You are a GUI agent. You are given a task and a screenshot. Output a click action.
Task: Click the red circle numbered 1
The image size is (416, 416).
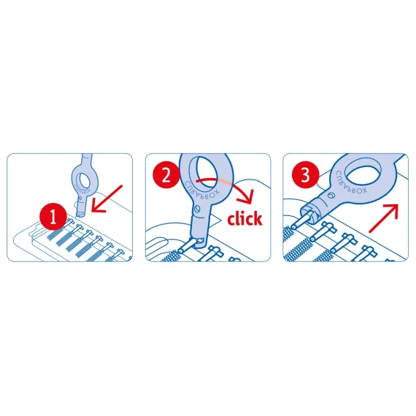(53, 217)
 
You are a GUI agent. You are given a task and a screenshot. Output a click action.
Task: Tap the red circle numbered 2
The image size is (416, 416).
(166, 175)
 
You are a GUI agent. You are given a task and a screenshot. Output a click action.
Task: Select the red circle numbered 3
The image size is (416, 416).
(305, 175)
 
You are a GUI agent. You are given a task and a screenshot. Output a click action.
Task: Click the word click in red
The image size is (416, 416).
(244, 219)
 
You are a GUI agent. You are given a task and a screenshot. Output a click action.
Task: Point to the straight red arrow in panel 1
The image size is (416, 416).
(107, 199)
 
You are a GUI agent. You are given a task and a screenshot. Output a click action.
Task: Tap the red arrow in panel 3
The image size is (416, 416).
(384, 218)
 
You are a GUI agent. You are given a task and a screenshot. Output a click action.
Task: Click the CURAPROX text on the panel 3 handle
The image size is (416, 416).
(351, 183)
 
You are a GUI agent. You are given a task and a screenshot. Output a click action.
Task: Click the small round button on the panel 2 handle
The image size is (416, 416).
(196, 208)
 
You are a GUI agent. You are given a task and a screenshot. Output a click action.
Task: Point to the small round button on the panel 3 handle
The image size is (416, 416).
(331, 196)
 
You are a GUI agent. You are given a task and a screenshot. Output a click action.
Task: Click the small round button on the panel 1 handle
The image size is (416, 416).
(80, 198)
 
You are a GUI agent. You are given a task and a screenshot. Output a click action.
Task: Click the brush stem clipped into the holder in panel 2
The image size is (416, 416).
(187, 245)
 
